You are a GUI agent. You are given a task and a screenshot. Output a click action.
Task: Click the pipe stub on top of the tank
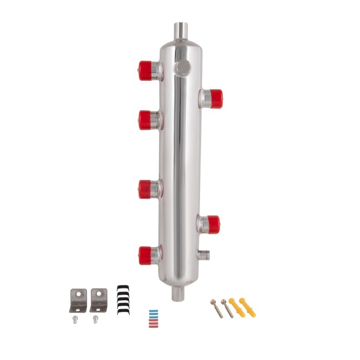point(181,30)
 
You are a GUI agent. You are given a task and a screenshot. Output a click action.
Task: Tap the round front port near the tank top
point(182,68)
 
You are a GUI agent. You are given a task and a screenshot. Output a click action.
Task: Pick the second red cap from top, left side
point(146,119)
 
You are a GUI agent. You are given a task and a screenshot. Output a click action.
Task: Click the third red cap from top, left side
point(146,189)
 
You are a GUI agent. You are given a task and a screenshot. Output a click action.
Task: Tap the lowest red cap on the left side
point(146,254)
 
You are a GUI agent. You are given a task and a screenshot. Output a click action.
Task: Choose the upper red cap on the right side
point(214,99)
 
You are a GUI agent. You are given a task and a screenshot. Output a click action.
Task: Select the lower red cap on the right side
point(212,224)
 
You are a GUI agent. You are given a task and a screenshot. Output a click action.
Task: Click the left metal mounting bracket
point(78,299)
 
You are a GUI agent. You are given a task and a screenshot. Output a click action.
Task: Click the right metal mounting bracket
point(98,299)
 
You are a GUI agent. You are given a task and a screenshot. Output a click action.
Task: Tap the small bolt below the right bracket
point(96,319)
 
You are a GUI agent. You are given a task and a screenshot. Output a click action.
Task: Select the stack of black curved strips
point(124,300)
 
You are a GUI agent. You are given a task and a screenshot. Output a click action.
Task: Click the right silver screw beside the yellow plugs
point(226,308)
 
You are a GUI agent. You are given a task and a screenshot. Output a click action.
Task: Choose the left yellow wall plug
point(237,307)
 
